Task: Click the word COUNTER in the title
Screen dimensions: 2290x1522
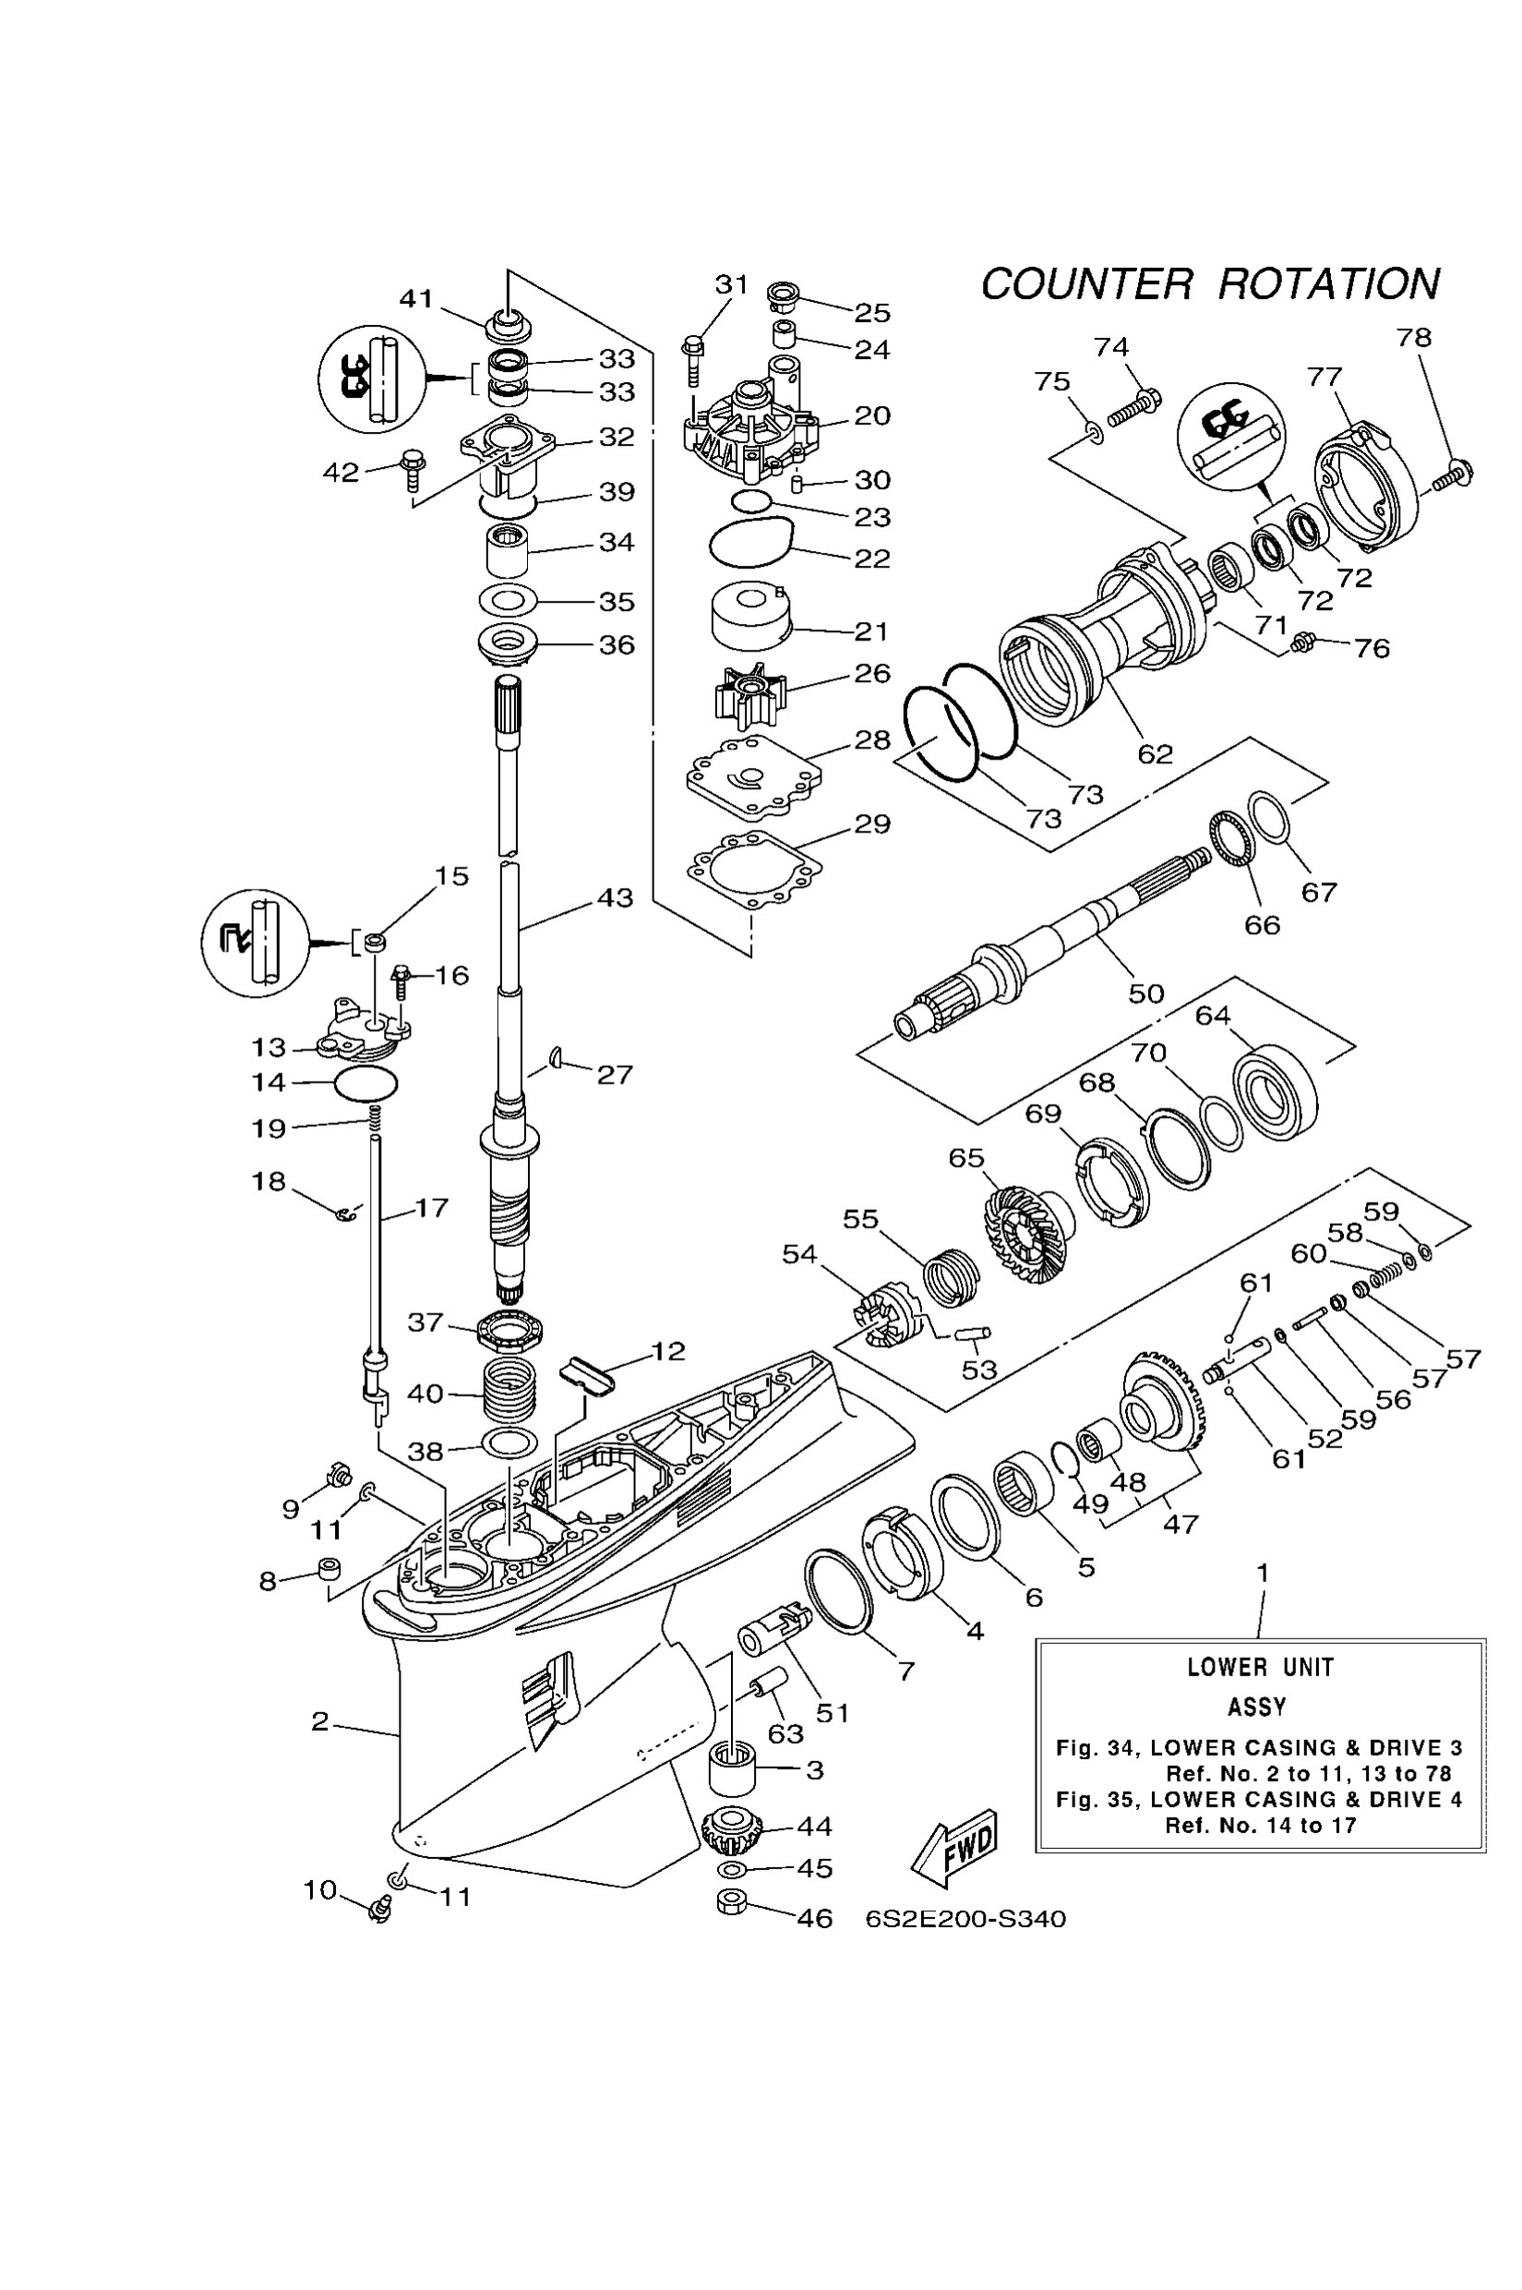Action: [1086, 284]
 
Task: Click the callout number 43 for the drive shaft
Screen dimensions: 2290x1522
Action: [615, 898]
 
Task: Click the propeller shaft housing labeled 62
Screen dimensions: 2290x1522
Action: [1107, 621]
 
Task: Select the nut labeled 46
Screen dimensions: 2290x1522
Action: [734, 1902]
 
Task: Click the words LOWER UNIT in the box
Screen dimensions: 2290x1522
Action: [1260, 1668]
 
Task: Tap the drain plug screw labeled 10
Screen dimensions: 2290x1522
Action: [379, 1911]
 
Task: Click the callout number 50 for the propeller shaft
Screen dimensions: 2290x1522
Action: [1145, 993]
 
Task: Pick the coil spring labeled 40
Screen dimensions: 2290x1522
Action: [509, 1391]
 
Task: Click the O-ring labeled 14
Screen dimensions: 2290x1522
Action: [365, 1083]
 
